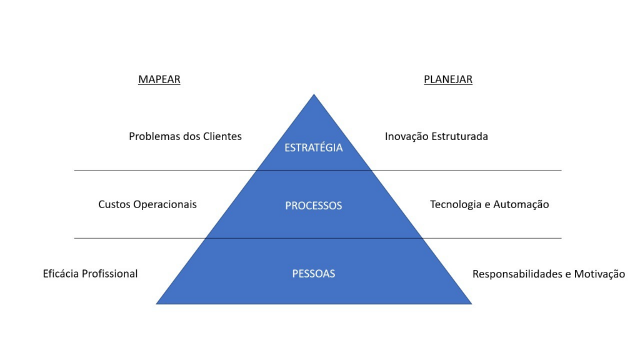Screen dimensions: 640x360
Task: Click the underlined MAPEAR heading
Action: click(159, 79)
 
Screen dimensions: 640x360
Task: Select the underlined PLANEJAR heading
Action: click(448, 79)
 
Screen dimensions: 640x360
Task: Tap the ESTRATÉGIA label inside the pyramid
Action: click(314, 147)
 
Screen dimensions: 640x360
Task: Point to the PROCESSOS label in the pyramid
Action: click(314, 205)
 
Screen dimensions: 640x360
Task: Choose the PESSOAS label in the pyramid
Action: click(314, 274)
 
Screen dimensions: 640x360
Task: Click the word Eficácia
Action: click(61, 274)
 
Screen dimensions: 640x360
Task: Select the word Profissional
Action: click(110, 274)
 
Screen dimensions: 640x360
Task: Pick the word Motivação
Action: click(599, 274)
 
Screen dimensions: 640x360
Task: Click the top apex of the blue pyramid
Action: click(314, 95)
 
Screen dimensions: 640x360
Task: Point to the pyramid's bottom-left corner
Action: click(156, 304)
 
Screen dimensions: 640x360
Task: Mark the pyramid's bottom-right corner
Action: click(471, 304)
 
